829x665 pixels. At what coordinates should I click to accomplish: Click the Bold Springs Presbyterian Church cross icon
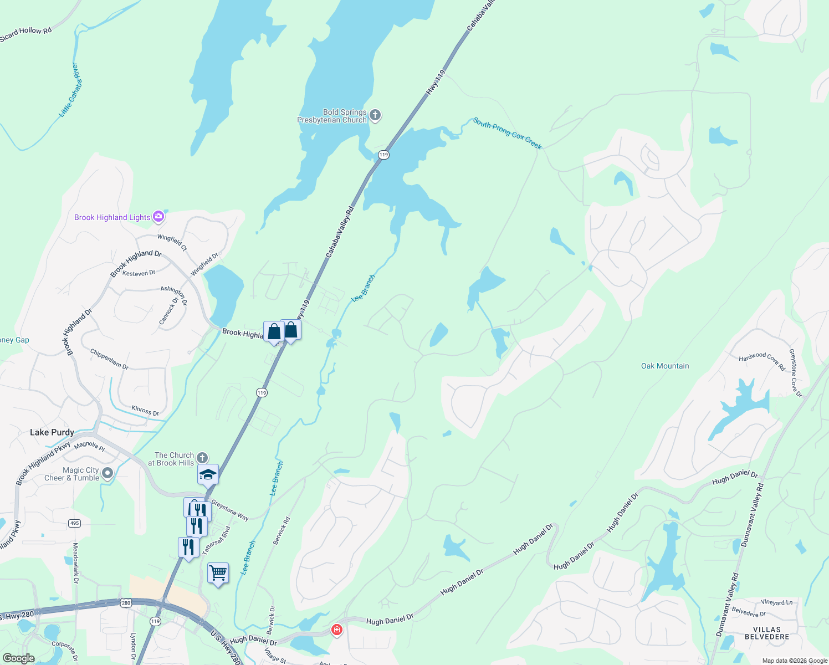[x=375, y=115]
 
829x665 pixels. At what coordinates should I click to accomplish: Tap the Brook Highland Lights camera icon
[x=158, y=217]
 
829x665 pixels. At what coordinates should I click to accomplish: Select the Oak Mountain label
[x=665, y=366]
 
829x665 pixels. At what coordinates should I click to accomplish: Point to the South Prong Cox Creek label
[x=507, y=133]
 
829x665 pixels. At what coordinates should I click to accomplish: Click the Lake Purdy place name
[x=52, y=432]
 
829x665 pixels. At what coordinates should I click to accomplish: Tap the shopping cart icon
[x=218, y=573]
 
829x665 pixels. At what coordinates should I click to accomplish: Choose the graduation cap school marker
[x=208, y=474]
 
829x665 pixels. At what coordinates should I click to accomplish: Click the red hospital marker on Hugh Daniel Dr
[x=336, y=630]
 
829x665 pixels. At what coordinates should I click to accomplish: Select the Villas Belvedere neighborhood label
[x=767, y=633]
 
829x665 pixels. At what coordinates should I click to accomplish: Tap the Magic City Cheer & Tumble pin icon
[x=108, y=473]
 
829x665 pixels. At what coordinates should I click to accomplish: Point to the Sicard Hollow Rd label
[x=26, y=34]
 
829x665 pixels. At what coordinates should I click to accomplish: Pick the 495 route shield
[x=74, y=523]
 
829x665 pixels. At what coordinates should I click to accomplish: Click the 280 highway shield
[x=126, y=603]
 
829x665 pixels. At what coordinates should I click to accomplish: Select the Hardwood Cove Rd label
[x=762, y=361]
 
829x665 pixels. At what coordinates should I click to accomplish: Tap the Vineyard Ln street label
[x=776, y=602]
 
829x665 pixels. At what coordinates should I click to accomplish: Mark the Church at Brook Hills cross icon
[x=202, y=458]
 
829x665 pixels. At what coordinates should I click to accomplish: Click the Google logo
[x=18, y=658]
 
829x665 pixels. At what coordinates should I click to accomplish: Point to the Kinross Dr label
[x=145, y=411]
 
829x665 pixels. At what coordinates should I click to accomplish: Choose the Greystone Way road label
[x=230, y=510]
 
